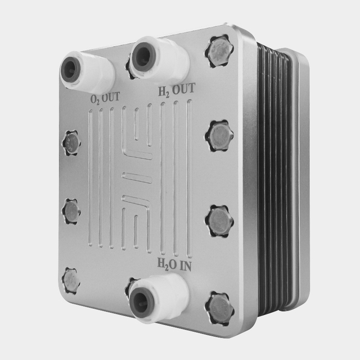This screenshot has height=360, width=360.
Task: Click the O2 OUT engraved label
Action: coord(105,98)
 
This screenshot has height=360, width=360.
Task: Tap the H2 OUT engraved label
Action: coord(177,89)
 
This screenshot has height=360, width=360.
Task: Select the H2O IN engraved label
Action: coord(174,265)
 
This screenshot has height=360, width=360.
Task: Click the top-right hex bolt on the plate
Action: coord(219,51)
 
